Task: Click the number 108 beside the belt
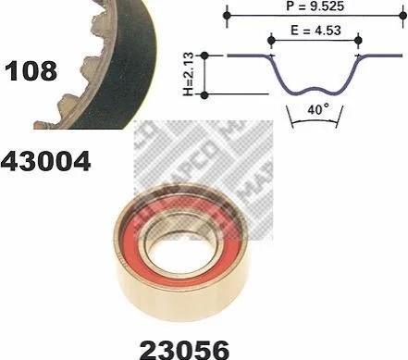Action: pos(31,71)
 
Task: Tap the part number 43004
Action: pos(45,161)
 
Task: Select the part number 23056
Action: pos(185,350)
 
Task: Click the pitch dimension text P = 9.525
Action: pos(315,6)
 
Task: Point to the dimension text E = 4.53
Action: pos(315,31)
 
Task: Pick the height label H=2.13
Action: pos(188,74)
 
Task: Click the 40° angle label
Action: pos(318,109)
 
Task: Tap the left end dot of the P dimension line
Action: pos(227,15)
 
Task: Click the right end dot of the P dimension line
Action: pos(402,15)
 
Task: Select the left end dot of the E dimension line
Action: pos(271,40)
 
